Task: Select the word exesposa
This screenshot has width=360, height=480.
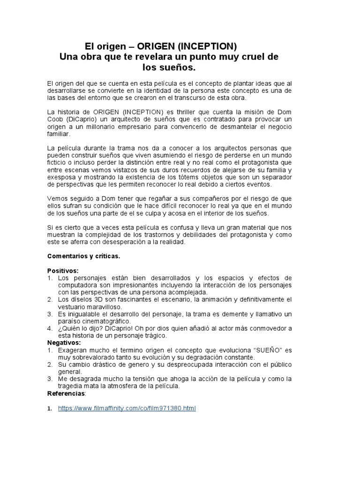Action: tap(63, 177)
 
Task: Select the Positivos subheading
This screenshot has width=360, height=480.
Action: tap(63, 270)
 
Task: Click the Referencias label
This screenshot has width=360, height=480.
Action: tap(66, 393)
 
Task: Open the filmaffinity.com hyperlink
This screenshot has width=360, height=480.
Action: tap(127, 408)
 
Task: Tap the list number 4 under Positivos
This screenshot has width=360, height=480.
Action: tap(50, 328)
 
